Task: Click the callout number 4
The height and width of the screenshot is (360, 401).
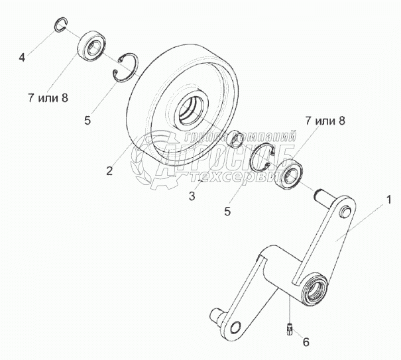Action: (22, 58)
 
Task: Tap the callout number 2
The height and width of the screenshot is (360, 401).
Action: (109, 170)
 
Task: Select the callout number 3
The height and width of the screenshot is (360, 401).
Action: (192, 196)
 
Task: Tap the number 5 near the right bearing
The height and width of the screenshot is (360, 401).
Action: (227, 212)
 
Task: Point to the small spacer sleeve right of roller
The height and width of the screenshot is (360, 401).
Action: (234, 141)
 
